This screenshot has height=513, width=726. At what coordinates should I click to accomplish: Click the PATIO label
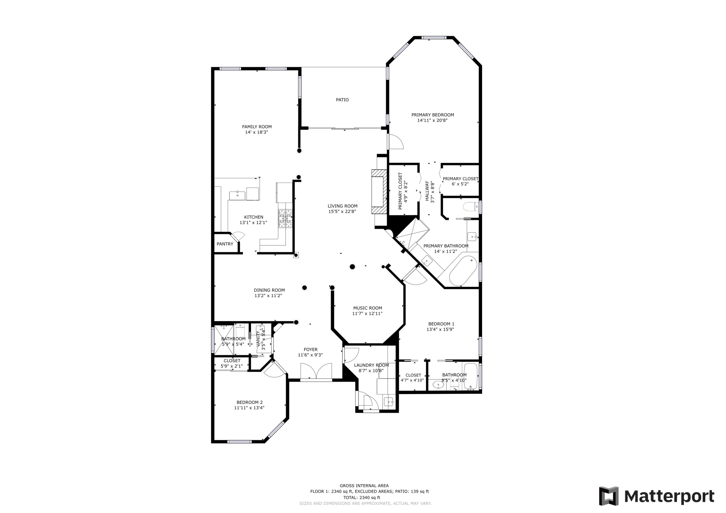tap(342, 100)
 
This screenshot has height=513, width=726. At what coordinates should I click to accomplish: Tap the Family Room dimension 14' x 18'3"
tap(257, 132)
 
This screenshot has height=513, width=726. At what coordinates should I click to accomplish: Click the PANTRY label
tap(225, 244)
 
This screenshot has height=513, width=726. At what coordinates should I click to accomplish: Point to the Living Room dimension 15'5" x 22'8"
tap(342, 211)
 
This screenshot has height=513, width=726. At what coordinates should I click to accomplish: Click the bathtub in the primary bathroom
tap(463, 271)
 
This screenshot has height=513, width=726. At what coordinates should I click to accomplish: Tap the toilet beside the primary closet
tap(471, 207)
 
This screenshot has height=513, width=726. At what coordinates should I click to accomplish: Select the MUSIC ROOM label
tap(367, 308)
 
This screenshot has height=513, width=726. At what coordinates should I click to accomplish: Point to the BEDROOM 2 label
tap(250, 402)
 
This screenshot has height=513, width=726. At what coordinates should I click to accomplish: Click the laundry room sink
tap(389, 402)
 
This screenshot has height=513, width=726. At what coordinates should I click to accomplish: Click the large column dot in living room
tap(352, 267)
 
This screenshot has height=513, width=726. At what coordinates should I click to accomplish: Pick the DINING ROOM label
tap(269, 290)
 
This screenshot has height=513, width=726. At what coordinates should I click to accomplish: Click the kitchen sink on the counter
tap(237, 196)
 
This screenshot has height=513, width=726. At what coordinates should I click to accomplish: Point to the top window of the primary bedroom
tap(434, 38)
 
